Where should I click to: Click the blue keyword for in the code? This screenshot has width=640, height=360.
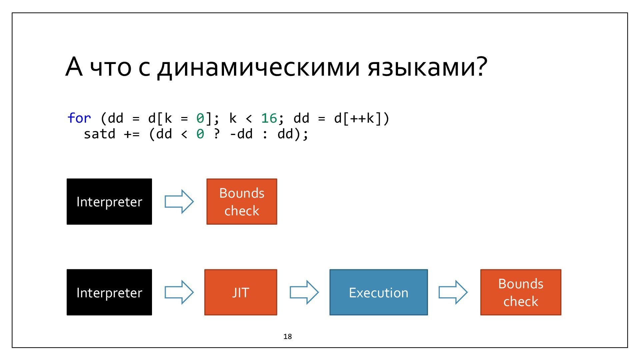(x=79, y=118)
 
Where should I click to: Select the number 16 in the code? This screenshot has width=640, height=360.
(x=269, y=118)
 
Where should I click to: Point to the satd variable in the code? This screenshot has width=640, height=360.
(x=99, y=134)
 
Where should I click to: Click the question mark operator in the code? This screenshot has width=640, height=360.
(x=217, y=134)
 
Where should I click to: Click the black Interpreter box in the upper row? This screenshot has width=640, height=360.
(x=109, y=202)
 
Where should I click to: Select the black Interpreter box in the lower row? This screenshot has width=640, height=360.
(x=109, y=292)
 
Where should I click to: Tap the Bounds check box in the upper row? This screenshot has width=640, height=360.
(x=242, y=202)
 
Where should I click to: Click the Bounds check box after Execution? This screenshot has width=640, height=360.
(x=521, y=292)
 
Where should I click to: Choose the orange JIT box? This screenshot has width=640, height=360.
(x=241, y=292)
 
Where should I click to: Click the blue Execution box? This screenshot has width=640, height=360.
(x=379, y=292)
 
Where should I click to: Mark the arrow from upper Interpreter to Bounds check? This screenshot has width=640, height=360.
(x=179, y=202)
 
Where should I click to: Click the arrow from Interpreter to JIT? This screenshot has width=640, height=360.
(x=179, y=292)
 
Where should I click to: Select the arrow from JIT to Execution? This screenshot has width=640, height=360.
(x=304, y=292)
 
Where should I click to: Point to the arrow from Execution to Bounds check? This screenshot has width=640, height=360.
(x=453, y=292)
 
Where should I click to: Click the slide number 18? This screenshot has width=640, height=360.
(x=288, y=337)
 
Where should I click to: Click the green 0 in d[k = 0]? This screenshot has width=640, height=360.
(x=200, y=118)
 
